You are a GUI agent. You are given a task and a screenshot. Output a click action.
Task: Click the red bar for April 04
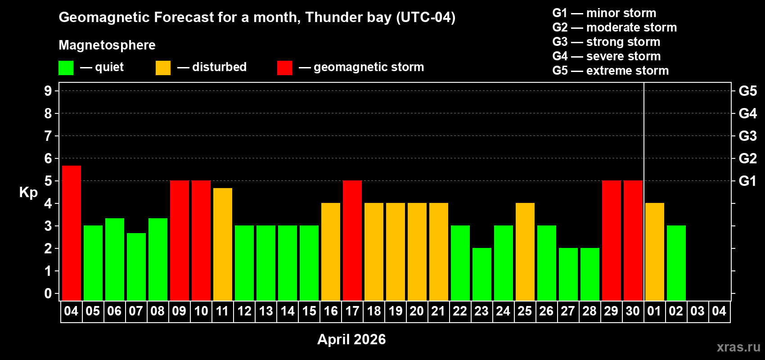72,233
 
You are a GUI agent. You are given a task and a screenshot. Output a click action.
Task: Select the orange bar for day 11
223,244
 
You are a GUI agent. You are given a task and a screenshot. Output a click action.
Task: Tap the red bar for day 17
352,240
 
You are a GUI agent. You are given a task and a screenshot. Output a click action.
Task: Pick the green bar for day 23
482,274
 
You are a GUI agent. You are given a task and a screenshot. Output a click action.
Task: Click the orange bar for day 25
525,252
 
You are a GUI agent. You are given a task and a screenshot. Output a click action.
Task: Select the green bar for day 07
136,266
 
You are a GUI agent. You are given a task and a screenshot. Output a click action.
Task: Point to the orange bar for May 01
655,252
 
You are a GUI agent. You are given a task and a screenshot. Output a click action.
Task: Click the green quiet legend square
66,68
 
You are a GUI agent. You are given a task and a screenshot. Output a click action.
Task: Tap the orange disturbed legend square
163,68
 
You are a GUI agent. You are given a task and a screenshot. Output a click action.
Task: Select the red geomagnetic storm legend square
284,68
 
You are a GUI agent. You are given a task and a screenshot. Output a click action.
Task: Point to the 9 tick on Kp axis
48,91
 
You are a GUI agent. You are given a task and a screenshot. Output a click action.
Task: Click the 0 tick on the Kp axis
48,293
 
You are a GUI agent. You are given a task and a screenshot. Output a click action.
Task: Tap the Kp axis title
28,192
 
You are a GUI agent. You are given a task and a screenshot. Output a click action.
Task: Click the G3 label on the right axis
747,136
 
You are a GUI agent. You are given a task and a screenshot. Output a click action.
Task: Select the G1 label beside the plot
747,181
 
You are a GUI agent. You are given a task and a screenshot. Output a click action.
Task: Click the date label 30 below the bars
633,311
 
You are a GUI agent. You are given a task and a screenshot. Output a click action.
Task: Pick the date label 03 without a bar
697,311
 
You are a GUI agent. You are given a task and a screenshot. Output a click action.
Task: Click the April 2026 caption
351,339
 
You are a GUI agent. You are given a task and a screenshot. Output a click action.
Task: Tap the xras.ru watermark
738,347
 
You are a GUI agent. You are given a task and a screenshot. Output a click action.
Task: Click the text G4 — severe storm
606,56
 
